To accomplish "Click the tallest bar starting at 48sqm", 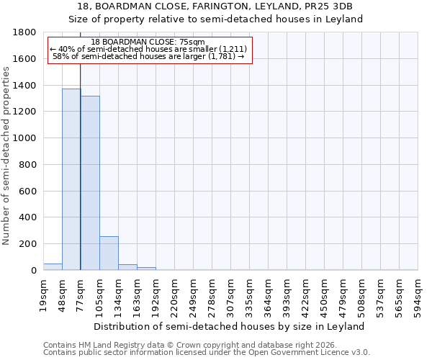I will (71, 179).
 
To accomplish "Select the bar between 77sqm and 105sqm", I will (90, 183).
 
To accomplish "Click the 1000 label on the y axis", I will (25, 138).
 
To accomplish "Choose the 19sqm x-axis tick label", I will (43, 294).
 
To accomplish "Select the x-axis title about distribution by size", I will (230, 326).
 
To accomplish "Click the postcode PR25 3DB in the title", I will (329, 6).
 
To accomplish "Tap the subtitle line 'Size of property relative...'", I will (216, 19).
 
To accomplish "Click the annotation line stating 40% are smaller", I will (148, 49).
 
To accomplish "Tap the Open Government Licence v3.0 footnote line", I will (207, 353).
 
